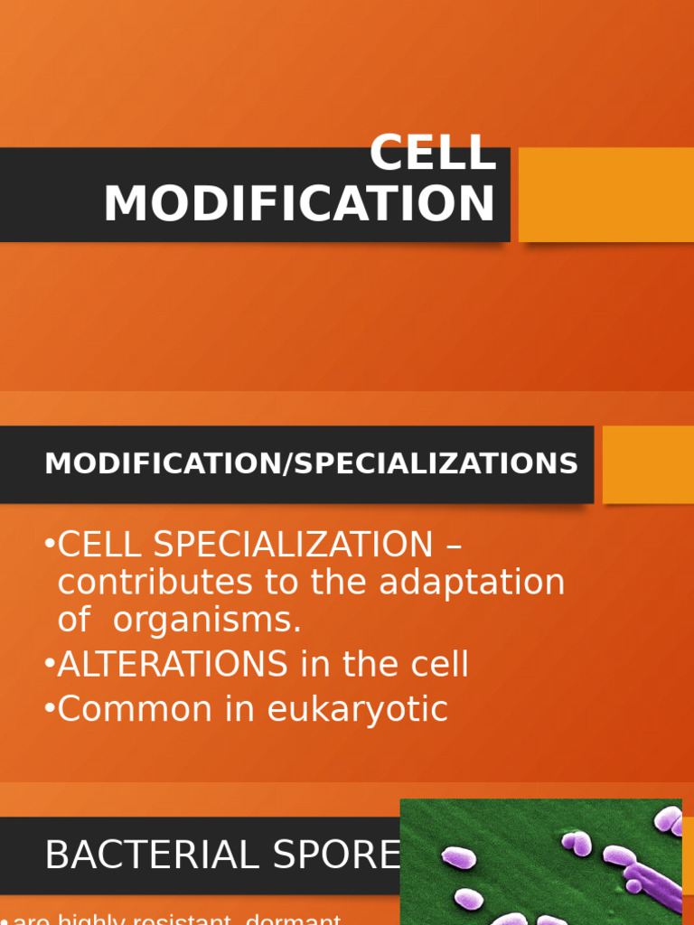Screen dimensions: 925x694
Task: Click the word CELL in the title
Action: pos(433,153)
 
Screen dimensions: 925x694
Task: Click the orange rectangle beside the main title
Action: pos(605,195)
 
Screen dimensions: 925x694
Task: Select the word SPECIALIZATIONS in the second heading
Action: pos(436,464)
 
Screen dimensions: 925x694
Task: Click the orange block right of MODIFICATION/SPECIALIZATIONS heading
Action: pos(647,464)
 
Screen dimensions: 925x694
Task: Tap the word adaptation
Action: pos(472,583)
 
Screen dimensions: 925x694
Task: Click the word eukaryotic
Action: pos(358,709)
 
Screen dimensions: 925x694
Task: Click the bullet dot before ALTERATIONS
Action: pos(49,665)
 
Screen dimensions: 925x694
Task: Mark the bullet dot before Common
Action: pos(49,709)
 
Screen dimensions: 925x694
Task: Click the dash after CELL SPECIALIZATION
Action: pos(455,547)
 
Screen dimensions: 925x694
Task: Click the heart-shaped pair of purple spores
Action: pos(576,844)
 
